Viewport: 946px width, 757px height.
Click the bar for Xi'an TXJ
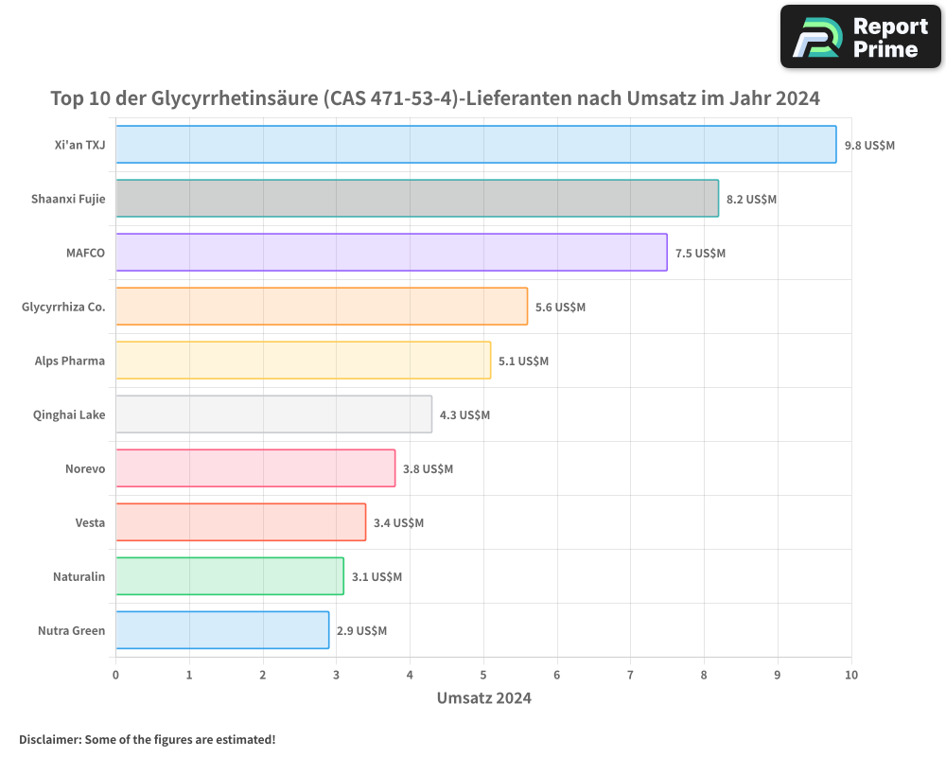point(476,145)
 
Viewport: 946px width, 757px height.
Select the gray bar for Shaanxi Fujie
point(417,199)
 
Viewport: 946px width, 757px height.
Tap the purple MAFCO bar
point(392,253)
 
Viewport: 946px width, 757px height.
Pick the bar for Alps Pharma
point(303,361)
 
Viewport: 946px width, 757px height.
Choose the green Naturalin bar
point(230,576)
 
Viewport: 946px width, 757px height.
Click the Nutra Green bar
point(222,630)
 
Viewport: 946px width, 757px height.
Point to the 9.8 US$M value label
point(869,146)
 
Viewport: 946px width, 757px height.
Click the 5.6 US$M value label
point(560,308)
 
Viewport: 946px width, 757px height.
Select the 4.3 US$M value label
point(464,415)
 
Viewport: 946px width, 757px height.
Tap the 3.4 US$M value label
point(398,523)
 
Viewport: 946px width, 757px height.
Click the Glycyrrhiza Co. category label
point(63,308)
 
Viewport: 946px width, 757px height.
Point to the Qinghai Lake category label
point(69,415)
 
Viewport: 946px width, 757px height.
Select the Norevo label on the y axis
point(85,469)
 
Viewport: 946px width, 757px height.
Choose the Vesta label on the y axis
point(90,523)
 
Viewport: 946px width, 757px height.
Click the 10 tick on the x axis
point(851,675)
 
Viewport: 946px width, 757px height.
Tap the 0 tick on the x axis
point(115,675)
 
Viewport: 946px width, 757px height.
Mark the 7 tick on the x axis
point(631,675)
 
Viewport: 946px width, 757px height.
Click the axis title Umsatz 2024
point(483,698)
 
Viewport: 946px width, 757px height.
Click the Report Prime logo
point(861,37)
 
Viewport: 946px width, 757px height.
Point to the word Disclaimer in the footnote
point(49,739)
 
